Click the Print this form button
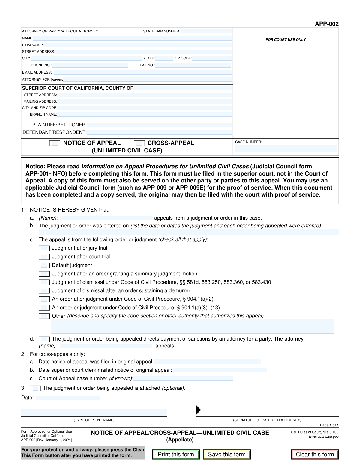[x=176, y=454]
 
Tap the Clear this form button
[x=315, y=454]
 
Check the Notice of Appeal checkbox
[x=55, y=143]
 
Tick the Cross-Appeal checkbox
[x=139, y=143]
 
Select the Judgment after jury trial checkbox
[x=44, y=248]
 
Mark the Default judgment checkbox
[x=44, y=266]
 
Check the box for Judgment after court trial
[x=44, y=257]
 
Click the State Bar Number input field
[x=206, y=31]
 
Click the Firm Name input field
[x=137, y=45]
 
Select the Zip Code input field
[x=212, y=59]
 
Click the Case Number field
[x=286, y=149]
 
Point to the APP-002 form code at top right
[x=327, y=24]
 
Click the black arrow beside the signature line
[x=198, y=410]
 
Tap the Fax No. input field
[x=193, y=65]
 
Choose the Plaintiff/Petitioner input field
[x=159, y=125]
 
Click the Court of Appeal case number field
[x=183, y=379]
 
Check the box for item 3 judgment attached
[x=35, y=388]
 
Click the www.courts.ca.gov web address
[x=324, y=437]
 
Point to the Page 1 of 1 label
[x=329, y=425]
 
